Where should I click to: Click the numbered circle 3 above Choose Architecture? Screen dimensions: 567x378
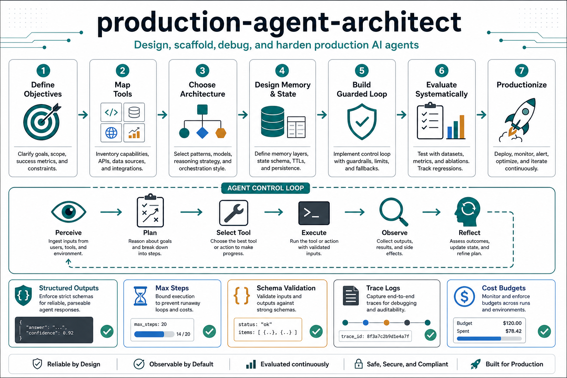(x=202, y=71)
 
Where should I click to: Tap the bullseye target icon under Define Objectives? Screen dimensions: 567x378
(x=42, y=122)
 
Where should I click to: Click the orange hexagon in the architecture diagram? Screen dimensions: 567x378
(x=221, y=133)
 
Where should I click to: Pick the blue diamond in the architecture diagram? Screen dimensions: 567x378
(x=202, y=133)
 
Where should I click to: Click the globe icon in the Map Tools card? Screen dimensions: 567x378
(x=111, y=133)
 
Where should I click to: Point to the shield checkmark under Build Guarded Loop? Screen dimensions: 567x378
(x=362, y=121)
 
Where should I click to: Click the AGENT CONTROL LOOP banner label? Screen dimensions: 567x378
(x=265, y=188)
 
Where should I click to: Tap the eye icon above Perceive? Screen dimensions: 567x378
(x=69, y=212)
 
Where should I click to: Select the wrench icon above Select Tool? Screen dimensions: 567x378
(x=234, y=213)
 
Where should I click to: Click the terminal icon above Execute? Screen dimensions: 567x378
(x=314, y=213)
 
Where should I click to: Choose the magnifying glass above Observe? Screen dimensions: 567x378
(x=394, y=212)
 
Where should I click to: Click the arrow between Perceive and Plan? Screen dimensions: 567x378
(x=111, y=212)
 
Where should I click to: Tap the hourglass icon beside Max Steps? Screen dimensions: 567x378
(x=140, y=296)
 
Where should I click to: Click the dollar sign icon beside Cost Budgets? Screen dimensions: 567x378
(x=464, y=296)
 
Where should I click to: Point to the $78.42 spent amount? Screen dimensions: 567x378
(x=513, y=331)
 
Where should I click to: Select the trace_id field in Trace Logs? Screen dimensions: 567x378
(x=375, y=336)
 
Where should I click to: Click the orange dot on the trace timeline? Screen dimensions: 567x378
(x=386, y=323)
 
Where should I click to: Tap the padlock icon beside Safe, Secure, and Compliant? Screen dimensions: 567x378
(x=358, y=364)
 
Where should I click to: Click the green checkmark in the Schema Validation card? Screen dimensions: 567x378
(x=316, y=331)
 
